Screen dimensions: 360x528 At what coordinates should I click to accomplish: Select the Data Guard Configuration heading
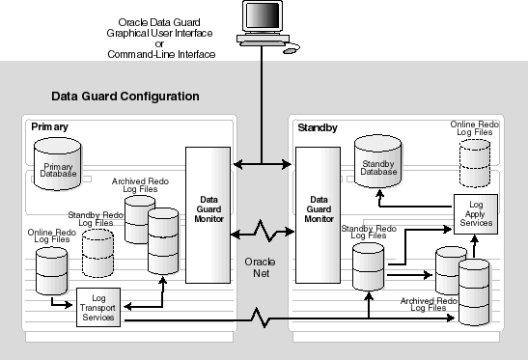125,97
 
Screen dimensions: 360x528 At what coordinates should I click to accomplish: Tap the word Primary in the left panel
50,126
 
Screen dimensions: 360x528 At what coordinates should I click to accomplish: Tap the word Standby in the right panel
318,126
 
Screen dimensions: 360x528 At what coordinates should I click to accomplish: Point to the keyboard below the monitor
264,42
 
